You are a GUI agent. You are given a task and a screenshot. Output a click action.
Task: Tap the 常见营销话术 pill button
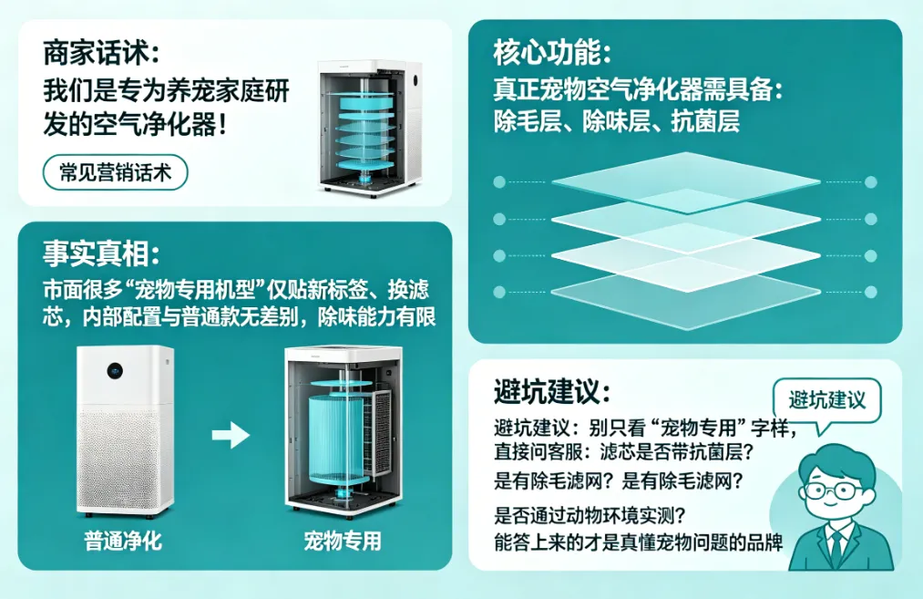[x=115, y=172]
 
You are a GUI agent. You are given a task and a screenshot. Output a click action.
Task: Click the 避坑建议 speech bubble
[x=826, y=399]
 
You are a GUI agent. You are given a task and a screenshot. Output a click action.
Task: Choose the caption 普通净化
[x=123, y=542]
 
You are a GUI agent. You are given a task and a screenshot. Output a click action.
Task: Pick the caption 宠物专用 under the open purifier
[x=342, y=542]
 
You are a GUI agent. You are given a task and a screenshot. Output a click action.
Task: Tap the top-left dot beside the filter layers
[x=499, y=182]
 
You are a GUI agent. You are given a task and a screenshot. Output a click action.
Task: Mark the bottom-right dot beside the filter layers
[x=870, y=292]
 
